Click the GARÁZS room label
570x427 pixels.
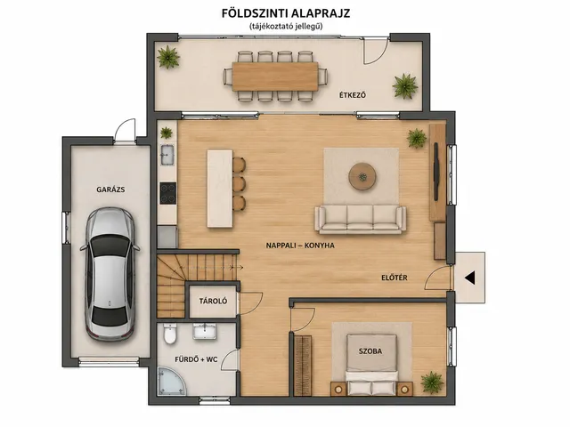pyautogui.click(x=110, y=189)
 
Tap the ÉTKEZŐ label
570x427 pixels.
pyautogui.click(x=353, y=95)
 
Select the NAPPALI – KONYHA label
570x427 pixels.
pyautogui.click(x=300, y=246)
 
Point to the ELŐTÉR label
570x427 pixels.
pyautogui.click(x=395, y=278)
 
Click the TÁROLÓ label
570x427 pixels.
pyautogui.click(x=213, y=301)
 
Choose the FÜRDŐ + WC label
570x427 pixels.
pyautogui.click(x=196, y=359)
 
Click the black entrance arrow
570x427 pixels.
pyautogui.click(x=469, y=278)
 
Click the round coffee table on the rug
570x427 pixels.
pyautogui.click(x=362, y=176)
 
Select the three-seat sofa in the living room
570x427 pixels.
pyautogui.click(x=360, y=220)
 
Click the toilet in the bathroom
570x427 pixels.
pyautogui.click(x=170, y=334)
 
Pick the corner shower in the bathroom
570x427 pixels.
pyautogui.click(x=171, y=381)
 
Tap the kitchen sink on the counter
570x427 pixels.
pyautogui.click(x=167, y=155)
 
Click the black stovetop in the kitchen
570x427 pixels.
pyautogui.click(x=168, y=193)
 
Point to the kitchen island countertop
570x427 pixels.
pyautogui.click(x=220, y=189)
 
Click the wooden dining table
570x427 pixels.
pyautogui.click(x=275, y=77)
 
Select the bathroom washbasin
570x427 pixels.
pyautogui.click(x=204, y=331)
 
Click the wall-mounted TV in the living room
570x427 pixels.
pyautogui.click(x=436, y=172)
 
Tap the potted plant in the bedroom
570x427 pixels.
pyautogui.click(x=432, y=382)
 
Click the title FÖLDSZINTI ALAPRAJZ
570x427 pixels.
pyautogui.click(x=286, y=13)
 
